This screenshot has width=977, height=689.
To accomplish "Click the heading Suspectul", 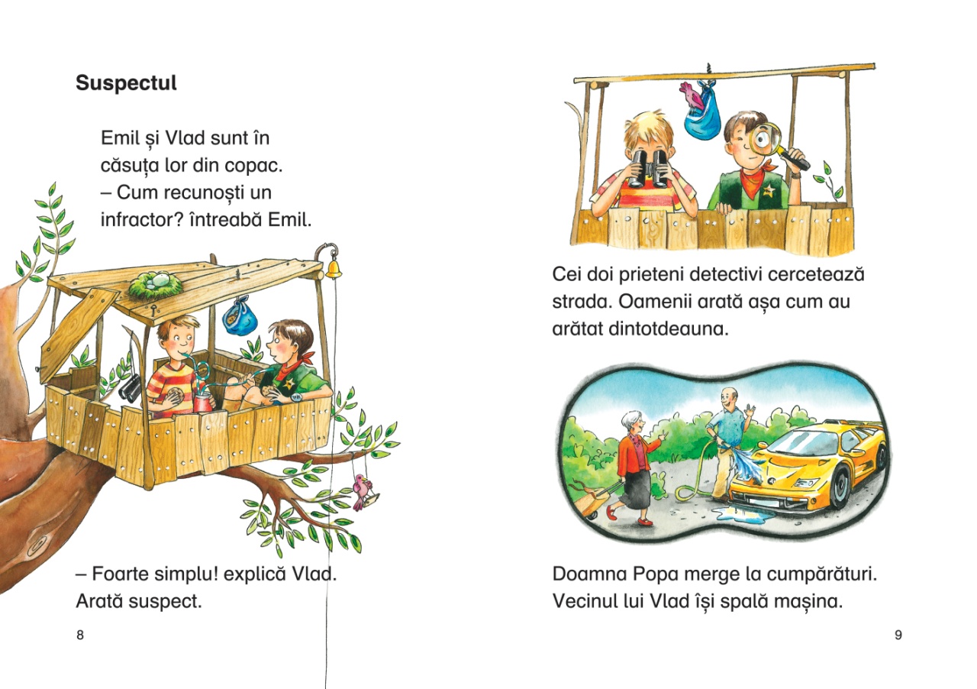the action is (126, 83).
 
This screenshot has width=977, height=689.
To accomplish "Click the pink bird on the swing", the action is (362, 490).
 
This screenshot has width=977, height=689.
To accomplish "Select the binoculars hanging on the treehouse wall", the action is (131, 388).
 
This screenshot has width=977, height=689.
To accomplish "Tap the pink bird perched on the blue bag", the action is (692, 97).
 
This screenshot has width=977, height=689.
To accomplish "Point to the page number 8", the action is (80, 635).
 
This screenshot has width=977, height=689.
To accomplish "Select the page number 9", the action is (898, 635).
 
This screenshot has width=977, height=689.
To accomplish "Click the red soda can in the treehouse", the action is (203, 402).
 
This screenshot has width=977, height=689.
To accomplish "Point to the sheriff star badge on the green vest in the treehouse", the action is (289, 383).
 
